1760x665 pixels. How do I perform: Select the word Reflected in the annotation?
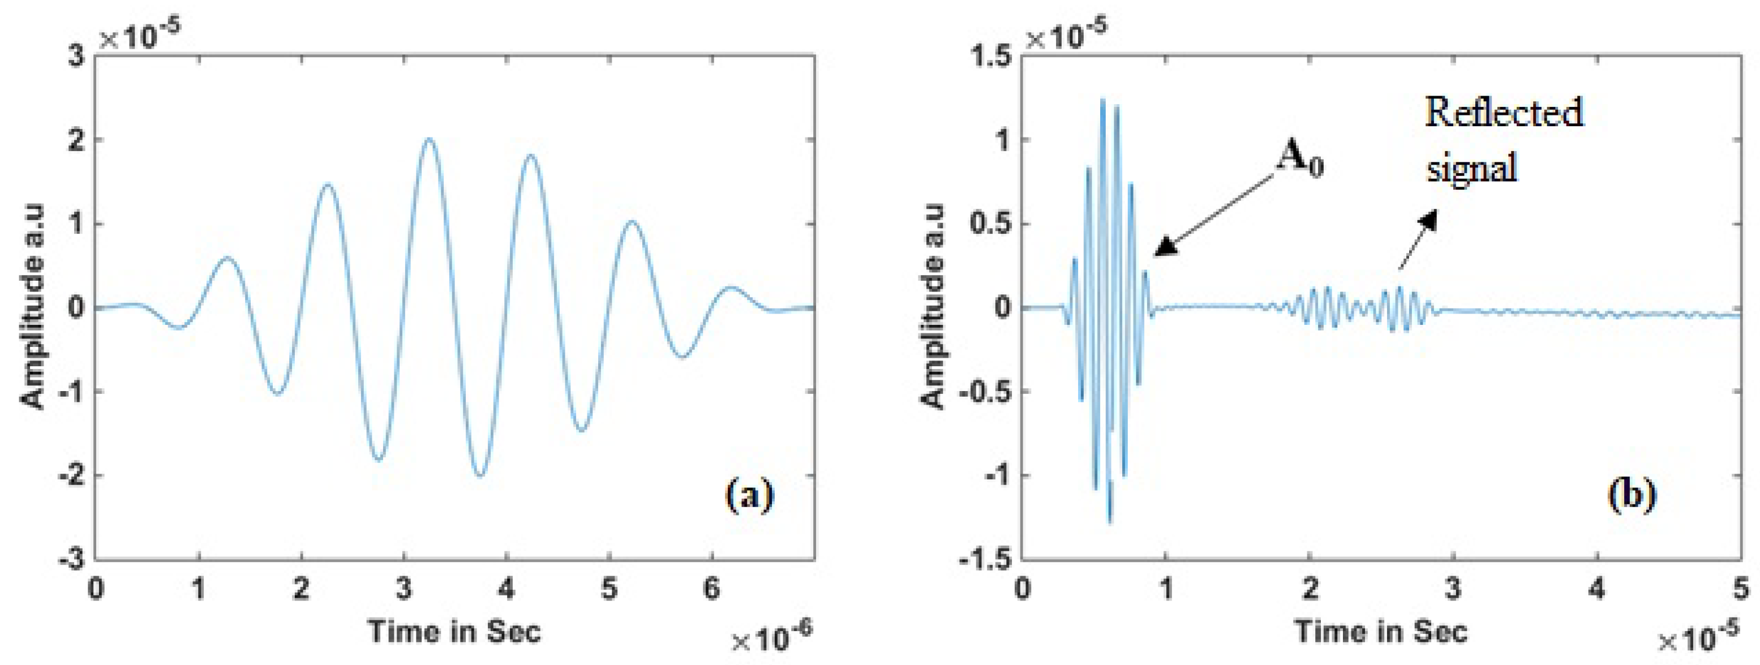point(1503,113)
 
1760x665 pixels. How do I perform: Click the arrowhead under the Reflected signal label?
point(1427,220)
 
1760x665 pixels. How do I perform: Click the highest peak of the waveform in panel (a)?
point(428,139)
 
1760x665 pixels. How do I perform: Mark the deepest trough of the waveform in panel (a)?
point(480,475)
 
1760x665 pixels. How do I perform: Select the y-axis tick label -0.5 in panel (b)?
point(984,392)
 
